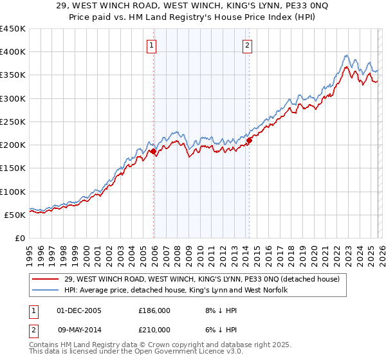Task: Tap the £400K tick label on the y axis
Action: [12, 52]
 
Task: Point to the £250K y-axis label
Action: [12, 122]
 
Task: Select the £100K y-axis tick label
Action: [12, 192]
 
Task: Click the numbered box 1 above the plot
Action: [151, 45]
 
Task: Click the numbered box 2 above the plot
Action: [247, 45]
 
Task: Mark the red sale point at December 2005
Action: [154, 152]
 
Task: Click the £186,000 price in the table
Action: [154, 310]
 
